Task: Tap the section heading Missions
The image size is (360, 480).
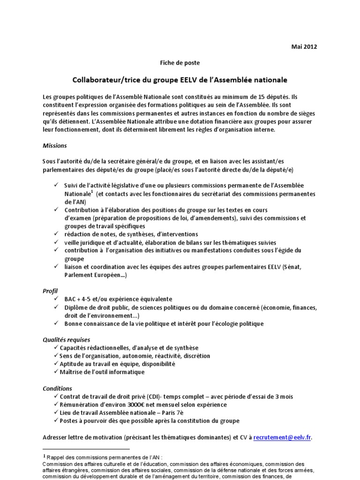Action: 54,145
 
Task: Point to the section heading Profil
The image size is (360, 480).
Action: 51,291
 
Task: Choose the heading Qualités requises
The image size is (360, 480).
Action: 66,339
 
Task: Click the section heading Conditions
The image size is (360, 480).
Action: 57,389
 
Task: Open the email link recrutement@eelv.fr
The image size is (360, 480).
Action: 282,438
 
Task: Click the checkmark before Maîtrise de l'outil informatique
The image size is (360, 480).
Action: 57,372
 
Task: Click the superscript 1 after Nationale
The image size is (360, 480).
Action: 92,191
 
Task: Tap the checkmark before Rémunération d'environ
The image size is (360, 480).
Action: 57,405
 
